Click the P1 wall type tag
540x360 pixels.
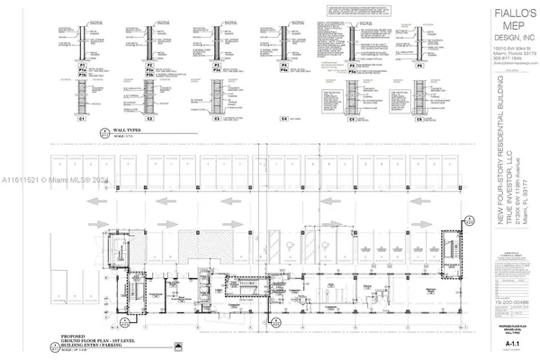[x=81, y=66]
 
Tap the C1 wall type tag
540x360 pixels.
[x=81, y=118]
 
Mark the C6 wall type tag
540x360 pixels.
[x=393, y=118]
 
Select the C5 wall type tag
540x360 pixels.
[x=329, y=118]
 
